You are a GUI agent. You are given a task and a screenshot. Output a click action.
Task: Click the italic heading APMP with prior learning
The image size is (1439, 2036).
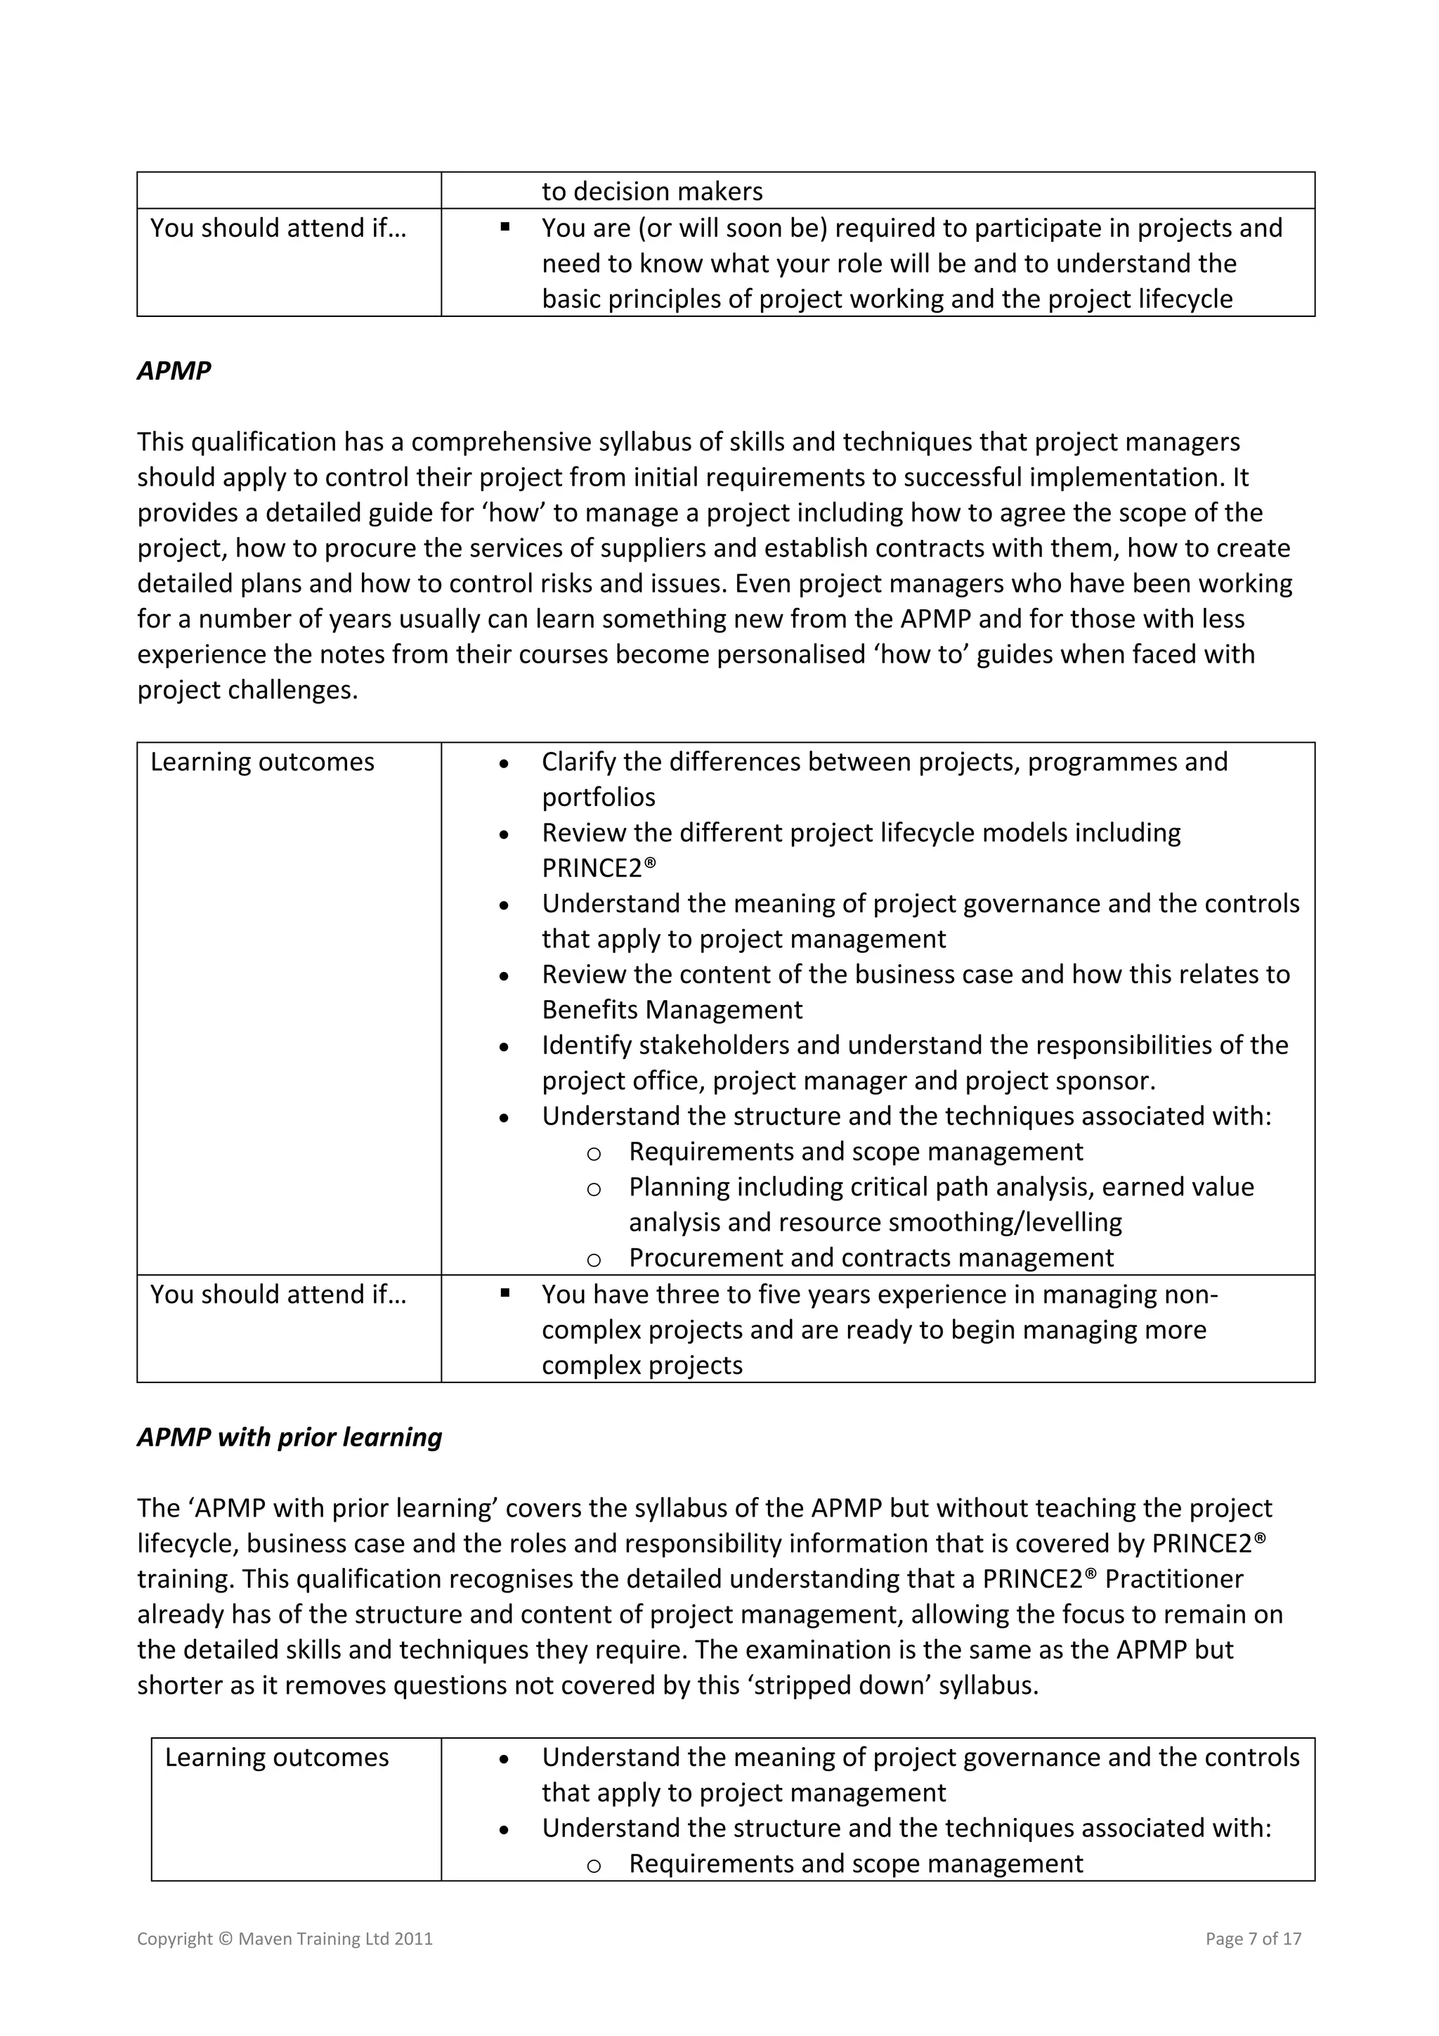pyautogui.click(x=289, y=1437)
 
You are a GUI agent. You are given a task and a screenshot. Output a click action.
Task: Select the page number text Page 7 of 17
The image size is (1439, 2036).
pyautogui.click(x=1253, y=1938)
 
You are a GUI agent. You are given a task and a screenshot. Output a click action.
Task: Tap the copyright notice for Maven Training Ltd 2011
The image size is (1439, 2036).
pyautogui.click(x=285, y=1938)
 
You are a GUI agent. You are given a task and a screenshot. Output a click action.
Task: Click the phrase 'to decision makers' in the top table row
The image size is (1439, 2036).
pyautogui.click(x=651, y=192)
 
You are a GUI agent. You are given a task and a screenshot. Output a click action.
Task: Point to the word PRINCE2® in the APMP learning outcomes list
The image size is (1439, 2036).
pyautogui.click(x=599, y=868)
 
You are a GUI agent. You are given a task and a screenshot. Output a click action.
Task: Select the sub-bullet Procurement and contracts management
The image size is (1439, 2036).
pyautogui.click(x=871, y=1257)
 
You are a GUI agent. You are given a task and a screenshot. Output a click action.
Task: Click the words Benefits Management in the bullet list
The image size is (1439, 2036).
pyautogui.click(x=671, y=1010)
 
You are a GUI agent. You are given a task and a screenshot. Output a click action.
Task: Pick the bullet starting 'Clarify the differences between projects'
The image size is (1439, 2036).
pyautogui.click(x=884, y=763)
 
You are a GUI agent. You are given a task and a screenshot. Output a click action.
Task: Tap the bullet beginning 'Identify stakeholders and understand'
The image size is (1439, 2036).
pyautogui.click(x=914, y=1046)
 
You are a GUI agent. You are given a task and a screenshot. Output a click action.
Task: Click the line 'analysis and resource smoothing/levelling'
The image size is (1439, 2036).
pyautogui.click(x=875, y=1223)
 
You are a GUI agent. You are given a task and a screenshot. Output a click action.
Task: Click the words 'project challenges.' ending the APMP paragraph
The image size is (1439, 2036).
pyautogui.click(x=247, y=690)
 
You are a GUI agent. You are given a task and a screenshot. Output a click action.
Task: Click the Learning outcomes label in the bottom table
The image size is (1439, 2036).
pyautogui.click(x=277, y=1758)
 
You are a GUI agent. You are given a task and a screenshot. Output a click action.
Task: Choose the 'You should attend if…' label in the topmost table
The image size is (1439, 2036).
pyautogui.click(x=278, y=228)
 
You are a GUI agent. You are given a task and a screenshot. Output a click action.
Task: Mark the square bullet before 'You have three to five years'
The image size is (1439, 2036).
pyautogui.click(x=504, y=1293)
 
